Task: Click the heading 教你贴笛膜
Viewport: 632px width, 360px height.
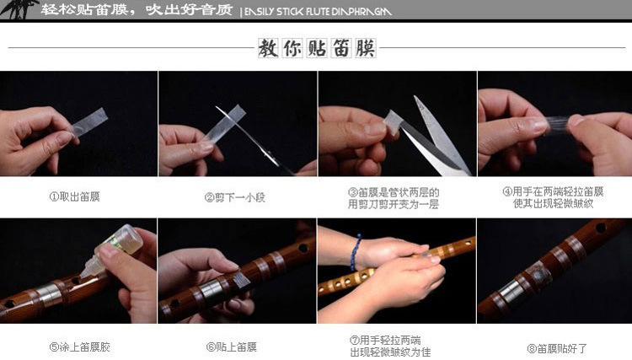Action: (x=316, y=48)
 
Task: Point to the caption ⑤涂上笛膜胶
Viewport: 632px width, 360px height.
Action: (x=77, y=347)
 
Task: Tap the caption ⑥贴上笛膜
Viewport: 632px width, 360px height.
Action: (x=231, y=347)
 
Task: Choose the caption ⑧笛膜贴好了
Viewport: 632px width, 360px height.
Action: (x=556, y=347)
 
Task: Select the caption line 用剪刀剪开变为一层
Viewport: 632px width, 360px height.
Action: (x=394, y=204)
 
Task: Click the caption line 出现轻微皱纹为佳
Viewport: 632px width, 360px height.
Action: (x=393, y=352)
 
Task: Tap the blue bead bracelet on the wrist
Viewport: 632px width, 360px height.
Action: (x=356, y=252)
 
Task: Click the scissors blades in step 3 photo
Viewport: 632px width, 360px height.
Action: (x=437, y=135)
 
